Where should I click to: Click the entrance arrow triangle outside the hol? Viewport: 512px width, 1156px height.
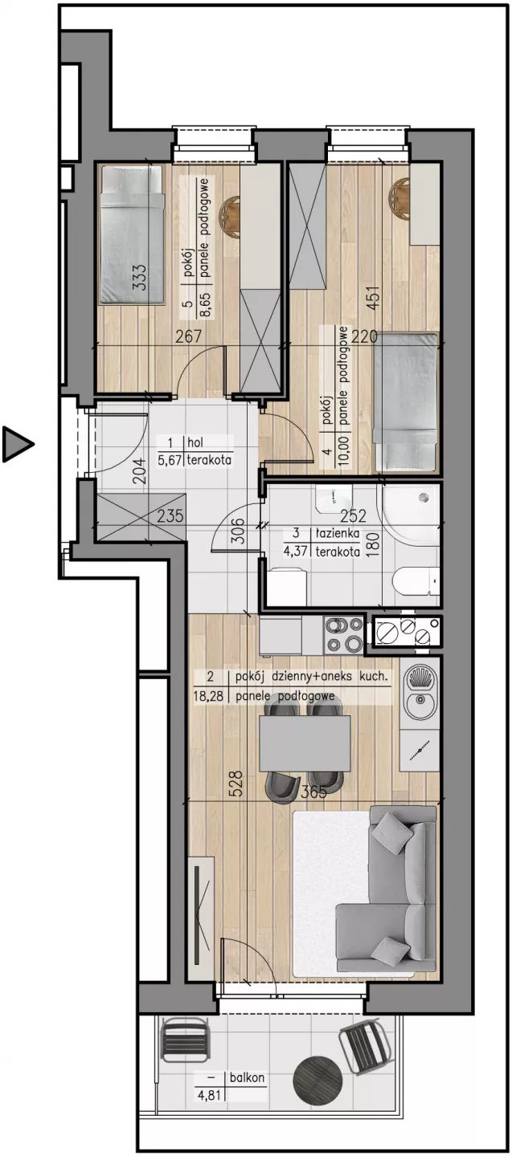(x=16, y=444)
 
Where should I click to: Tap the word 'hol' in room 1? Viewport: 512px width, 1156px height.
(x=196, y=442)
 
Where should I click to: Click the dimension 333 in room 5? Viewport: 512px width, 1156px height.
(x=140, y=279)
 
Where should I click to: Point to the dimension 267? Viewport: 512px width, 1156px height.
(x=188, y=337)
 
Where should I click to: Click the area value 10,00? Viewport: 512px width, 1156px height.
(x=345, y=450)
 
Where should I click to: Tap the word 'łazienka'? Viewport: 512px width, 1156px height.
(x=334, y=533)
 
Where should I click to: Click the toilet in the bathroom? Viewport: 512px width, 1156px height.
(x=416, y=588)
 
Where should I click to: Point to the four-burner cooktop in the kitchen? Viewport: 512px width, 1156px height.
(x=343, y=635)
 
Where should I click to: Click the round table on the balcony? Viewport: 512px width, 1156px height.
(x=317, y=1078)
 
